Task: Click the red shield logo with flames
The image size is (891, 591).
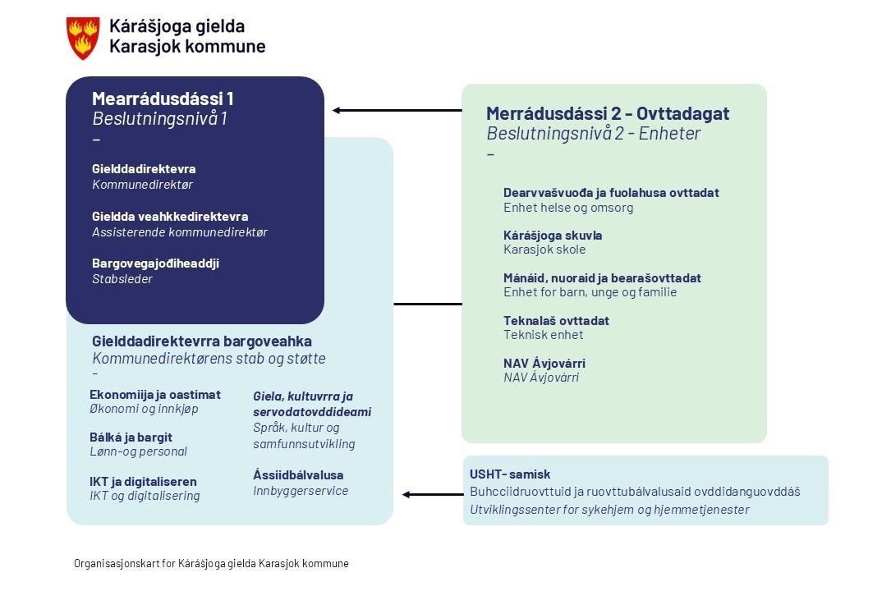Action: (83, 38)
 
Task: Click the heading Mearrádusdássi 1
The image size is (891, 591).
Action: (163, 98)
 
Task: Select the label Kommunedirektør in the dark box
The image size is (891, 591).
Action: (143, 185)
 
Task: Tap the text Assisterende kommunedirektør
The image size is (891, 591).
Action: (180, 232)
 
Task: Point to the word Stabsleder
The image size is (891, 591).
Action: (122, 279)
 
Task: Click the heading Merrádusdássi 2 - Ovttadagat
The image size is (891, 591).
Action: (608, 113)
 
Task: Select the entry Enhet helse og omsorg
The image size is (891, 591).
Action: (568, 208)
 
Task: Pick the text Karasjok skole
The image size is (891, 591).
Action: (544, 250)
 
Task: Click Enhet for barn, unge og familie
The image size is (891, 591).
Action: (590, 292)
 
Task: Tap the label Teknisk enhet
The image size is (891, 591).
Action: (544, 335)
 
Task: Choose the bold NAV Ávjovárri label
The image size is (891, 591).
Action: (544, 364)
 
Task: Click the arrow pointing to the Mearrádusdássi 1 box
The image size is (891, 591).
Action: (397, 110)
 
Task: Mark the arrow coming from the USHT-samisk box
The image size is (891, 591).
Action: (433, 494)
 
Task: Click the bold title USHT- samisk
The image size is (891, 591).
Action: (510, 474)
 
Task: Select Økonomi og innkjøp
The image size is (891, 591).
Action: (144, 409)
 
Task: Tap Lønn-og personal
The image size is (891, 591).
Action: (138, 451)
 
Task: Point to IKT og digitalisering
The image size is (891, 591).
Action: (145, 496)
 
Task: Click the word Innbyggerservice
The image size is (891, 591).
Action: (301, 491)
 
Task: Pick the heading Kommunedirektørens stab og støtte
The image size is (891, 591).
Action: (209, 359)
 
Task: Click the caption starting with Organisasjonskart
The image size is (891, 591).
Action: (211, 564)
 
